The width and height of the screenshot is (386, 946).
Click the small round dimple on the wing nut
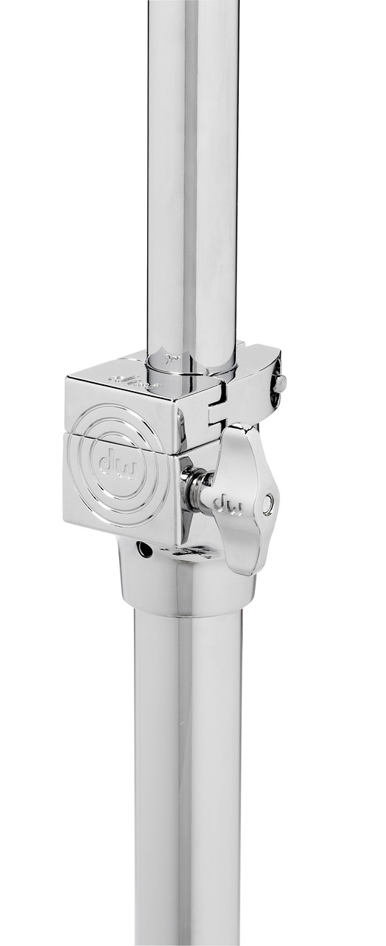coord(267,503)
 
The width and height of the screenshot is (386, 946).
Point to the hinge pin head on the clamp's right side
coord(280,384)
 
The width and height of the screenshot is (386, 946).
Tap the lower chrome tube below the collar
coord(189,776)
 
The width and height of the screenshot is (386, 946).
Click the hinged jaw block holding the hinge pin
coord(255,384)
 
